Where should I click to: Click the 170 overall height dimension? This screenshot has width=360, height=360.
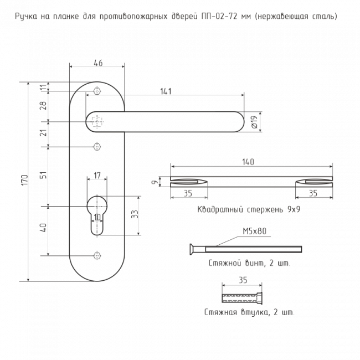pyautogui.click(x=25, y=180)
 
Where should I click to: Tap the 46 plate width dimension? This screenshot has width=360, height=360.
pyautogui.click(x=98, y=63)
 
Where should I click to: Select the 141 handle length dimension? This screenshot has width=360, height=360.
pyautogui.click(x=166, y=91)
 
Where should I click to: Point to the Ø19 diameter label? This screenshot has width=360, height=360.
pyautogui.click(x=254, y=122)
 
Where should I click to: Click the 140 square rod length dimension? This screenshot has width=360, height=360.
pyautogui.click(x=248, y=162)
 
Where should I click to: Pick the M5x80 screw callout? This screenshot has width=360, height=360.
pyautogui.click(x=255, y=231)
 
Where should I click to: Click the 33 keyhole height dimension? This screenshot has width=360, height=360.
pyautogui.click(x=135, y=214)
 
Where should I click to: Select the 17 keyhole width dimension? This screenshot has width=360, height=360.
pyautogui.click(x=97, y=176)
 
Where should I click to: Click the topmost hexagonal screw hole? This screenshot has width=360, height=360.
pyautogui.click(x=97, y=91)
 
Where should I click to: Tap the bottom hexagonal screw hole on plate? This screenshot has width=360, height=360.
pyautogui.click(x=97, y=256)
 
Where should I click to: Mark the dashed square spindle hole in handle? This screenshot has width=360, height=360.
pyautogui.click(x=97, y=122)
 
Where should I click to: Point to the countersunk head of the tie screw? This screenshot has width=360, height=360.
pyautogui.click(x=192, y=249)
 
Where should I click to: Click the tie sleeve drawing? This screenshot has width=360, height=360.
pyautogui.click(x=242, y=298)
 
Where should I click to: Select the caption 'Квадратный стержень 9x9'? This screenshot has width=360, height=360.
pyautogui.click(x=249, y=209)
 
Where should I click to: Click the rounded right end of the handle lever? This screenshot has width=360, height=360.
pyautogui.click(x=239, y=122)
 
